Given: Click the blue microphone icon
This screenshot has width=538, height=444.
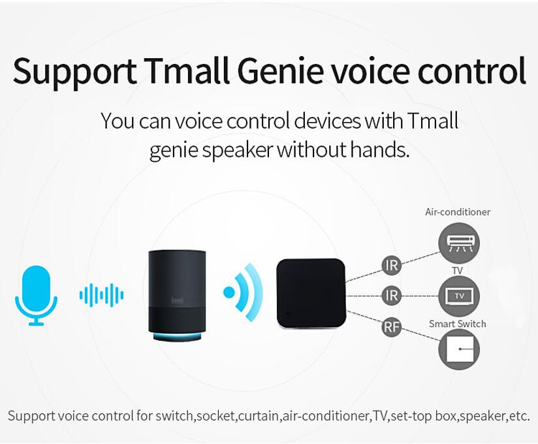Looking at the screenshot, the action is (36, 295).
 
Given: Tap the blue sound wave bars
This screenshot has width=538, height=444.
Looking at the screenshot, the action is (101, 294).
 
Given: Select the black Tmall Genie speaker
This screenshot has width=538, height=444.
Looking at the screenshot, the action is (177, 295).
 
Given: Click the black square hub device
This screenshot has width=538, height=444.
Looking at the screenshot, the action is (311, 294).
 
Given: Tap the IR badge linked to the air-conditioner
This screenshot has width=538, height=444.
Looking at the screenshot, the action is (392, 265).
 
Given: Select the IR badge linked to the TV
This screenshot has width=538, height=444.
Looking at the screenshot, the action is (392, 295).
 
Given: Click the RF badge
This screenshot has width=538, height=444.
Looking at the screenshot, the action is (392, 326).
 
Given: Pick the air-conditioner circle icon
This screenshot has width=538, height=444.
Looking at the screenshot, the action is (459, 243).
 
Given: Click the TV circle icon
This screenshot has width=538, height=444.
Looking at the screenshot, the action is (459, 296).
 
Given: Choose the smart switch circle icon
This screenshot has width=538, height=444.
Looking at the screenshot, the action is (459, 349).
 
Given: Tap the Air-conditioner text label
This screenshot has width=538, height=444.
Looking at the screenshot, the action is (458, 212).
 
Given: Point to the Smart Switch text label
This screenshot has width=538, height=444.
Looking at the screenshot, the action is (458, 324).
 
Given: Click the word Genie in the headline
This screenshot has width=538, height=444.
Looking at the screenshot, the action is (280, 71).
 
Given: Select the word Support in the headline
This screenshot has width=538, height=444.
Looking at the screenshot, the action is (74, 73).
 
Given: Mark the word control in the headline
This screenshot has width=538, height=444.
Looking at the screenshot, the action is (472, 71).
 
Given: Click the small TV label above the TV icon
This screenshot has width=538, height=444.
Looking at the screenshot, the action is (458, 270).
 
